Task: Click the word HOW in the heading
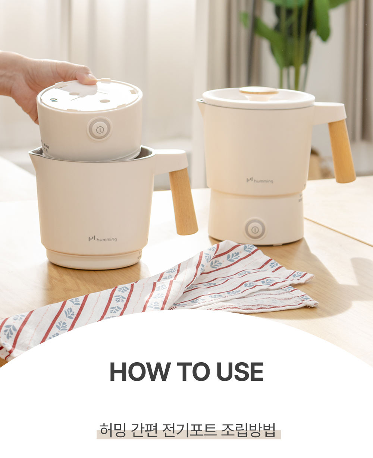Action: [x=139, y=372]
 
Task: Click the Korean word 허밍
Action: [x=113, y=429]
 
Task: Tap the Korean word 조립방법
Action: [x=248, y=429]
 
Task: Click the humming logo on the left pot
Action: [x=103, y=239]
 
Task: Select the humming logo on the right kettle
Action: [x=260, y=180]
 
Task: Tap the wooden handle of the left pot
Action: [x=184, y=201]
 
